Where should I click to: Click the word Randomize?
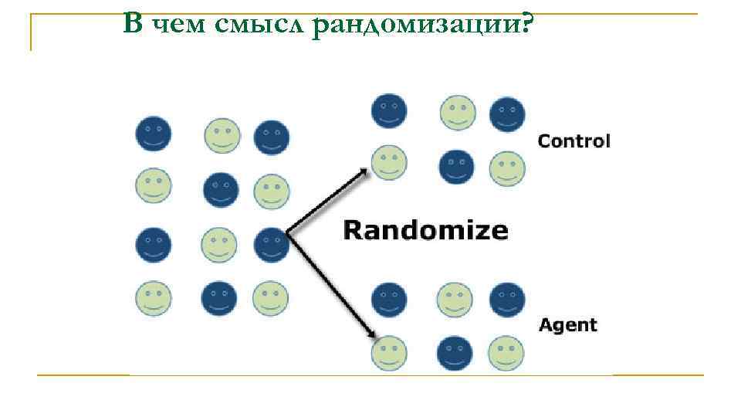[x=425, y=230]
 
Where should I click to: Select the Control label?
[x=574, y=141]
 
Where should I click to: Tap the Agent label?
[x=567, y=324]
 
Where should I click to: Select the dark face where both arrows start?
[x=272, y=245]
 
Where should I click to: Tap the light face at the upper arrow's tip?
[x=389, y=164]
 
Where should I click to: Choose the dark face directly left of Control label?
[x=507, y=114]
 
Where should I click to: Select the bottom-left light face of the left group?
[x=154, y=299]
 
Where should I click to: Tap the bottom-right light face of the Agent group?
[x=507, y=353]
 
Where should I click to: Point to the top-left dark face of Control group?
[x=389, y=110]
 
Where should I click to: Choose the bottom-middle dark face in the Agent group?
[x=455, y=353]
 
